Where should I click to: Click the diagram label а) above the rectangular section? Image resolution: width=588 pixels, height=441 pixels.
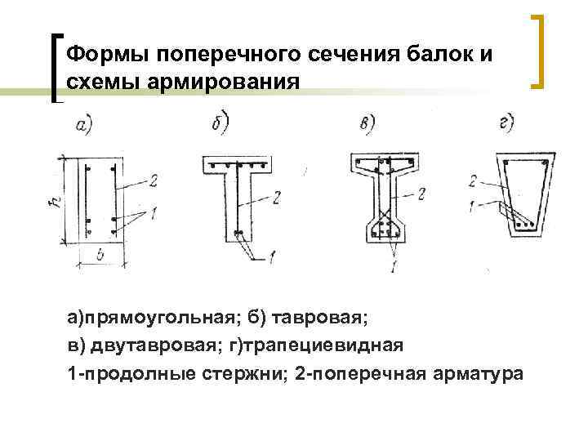(x=82, y=124)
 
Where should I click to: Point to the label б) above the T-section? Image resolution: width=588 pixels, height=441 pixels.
(x=219, y=125)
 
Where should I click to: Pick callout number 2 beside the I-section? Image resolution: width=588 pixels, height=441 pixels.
(x=421, y=194)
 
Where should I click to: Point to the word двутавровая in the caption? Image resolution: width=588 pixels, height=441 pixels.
(x=153, y=345)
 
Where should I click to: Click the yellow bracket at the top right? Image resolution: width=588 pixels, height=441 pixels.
(x=539, y=51)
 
